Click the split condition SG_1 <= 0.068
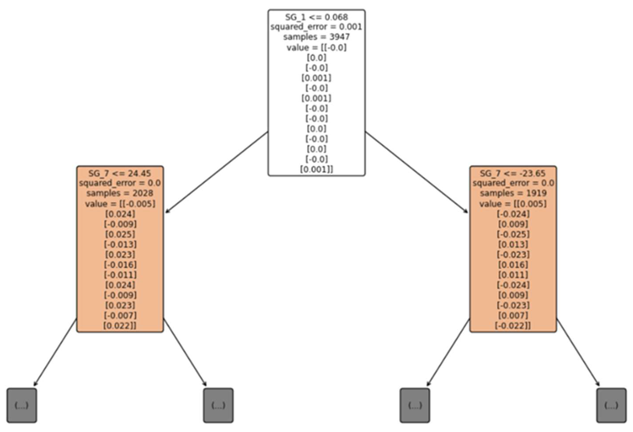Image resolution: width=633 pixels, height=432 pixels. click(316, 17)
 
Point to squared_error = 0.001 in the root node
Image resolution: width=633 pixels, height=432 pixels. click(316, 27)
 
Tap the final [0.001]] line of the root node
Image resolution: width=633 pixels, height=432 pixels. click(316, 169)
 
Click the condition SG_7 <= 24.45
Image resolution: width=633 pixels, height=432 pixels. click(120, 173)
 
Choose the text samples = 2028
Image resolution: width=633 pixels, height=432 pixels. click(120, 193)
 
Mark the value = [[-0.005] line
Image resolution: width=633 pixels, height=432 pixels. click(120, 204)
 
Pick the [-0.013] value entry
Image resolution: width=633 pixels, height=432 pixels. click(120, 244)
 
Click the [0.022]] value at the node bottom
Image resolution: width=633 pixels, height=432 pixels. click(120, 326)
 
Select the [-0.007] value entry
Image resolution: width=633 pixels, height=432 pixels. click(120, 315)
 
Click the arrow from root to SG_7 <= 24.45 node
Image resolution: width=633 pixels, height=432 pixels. click(216, 172)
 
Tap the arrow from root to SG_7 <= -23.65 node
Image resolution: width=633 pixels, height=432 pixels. click(417, 172)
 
